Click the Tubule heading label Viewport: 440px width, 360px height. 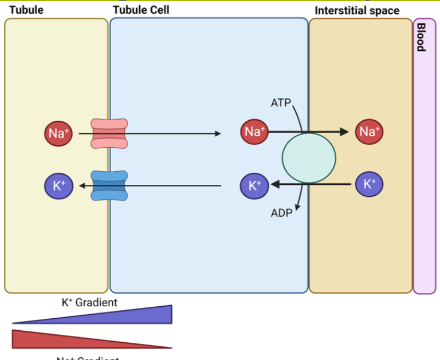tap(26, 10)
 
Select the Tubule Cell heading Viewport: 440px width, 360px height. tap(141, 10)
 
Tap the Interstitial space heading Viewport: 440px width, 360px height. tap(357, 11)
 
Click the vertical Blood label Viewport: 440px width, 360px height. tap(421, 37)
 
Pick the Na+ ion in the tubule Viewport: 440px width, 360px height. tap(58, 133)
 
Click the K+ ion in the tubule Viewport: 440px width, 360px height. tap(58, 185)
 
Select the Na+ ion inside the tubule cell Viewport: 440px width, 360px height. tap(254, 132)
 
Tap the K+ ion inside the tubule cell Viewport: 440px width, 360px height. tap(254, 185)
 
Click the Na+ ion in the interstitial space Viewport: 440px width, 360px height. tap(369, 132)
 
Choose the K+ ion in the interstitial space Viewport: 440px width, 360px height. tap(369, 184)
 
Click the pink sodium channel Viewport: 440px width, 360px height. tap(109, 134)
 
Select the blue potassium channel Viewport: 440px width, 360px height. tap(109, 186)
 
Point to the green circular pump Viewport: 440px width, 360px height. tap(309, 159)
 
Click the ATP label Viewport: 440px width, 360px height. tap(281, 103)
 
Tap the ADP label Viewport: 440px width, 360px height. tap(281, 213)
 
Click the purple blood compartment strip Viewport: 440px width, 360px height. tap(424, 172)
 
